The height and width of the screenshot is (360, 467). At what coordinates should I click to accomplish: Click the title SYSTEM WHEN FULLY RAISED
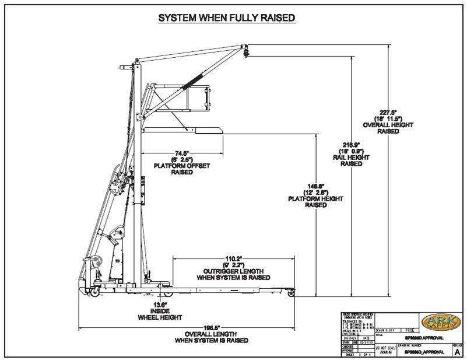(227, 18)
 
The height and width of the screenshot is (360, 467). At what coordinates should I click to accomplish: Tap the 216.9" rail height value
(351, 144)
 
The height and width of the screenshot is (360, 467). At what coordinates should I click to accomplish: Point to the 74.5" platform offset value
(178, 152)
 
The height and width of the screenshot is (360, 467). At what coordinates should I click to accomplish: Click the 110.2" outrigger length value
(233, 258)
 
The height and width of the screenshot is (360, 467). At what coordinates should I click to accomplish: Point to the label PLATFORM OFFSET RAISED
(178, 169)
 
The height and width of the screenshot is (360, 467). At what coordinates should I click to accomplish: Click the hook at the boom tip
(246, 53)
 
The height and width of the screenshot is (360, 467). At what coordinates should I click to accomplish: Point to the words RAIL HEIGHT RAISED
(351, 160)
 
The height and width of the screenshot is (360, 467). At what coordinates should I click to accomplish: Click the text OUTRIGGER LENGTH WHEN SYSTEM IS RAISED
(233, 275)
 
